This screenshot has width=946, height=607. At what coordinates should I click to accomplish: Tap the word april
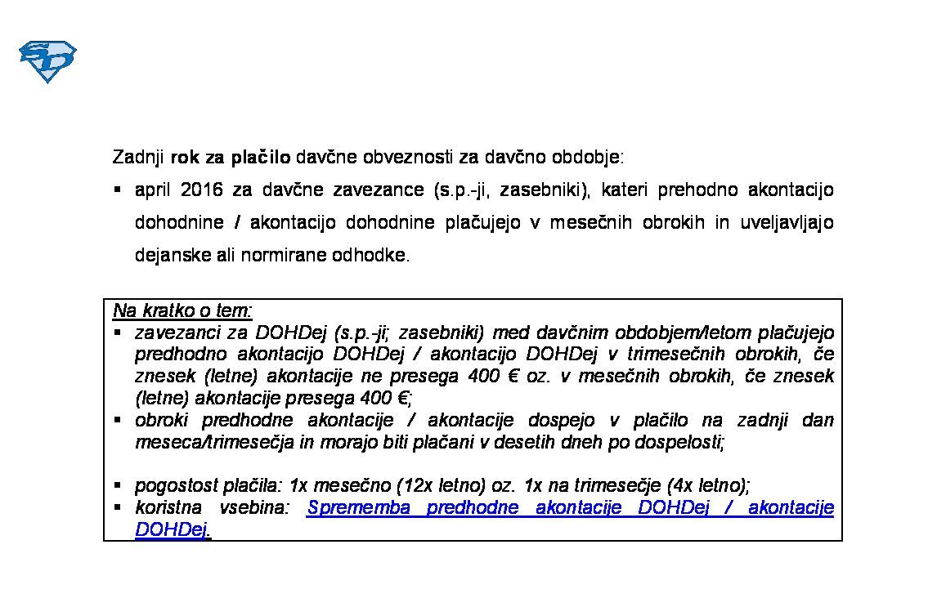(152, 190)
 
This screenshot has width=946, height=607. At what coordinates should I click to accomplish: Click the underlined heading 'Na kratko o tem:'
(183, 311)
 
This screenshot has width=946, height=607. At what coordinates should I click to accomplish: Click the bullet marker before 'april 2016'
(118, 190)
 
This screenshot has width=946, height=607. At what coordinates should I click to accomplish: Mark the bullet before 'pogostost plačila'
(118, 486)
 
